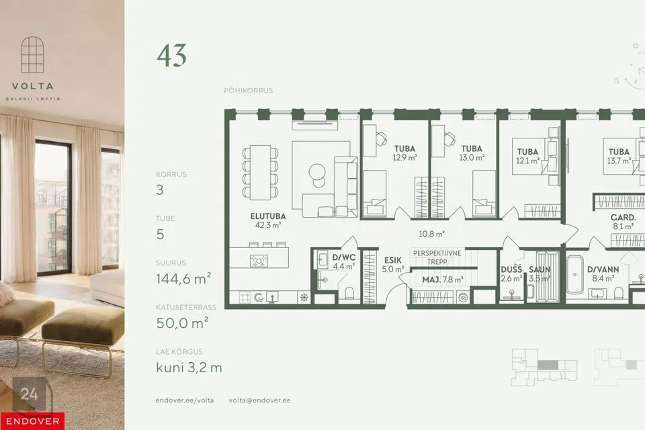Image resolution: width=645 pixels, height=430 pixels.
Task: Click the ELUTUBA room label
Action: click(268, 216)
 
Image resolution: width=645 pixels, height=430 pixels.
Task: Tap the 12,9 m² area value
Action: click(404, 158)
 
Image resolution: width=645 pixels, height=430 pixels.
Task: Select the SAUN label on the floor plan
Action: click(540, 269)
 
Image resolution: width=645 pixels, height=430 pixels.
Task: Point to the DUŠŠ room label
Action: click(511, 269)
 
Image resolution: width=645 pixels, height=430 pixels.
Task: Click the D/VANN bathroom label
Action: click(603, 269)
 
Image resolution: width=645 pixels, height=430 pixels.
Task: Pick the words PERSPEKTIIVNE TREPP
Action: click(437, 257)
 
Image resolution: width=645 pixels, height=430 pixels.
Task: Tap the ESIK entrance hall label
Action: click(392, 260)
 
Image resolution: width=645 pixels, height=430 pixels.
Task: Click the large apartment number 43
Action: click(171, 56)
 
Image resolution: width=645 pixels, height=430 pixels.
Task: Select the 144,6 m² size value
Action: click(183, 279)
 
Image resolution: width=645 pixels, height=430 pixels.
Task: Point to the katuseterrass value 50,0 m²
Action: click(182, 323)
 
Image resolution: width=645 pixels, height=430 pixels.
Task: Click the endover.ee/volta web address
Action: click(185, 400)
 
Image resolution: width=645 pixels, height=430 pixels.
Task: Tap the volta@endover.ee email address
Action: click(259, 400)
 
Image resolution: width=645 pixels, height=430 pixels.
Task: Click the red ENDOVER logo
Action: click(32, 421)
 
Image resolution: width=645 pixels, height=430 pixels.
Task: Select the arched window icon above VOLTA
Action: click(32, 54)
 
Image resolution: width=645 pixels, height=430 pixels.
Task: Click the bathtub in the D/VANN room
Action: click(574, 274)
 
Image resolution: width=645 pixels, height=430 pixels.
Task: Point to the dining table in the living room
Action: click(261, 173)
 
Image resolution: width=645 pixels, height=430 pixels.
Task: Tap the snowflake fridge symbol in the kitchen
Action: click(304, 298)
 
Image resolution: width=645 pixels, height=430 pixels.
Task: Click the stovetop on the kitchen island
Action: click(259, 261)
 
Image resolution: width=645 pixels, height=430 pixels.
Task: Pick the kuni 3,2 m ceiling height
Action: click(189, 368)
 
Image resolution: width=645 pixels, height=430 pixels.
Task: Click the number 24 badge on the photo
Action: click(29, 394)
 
